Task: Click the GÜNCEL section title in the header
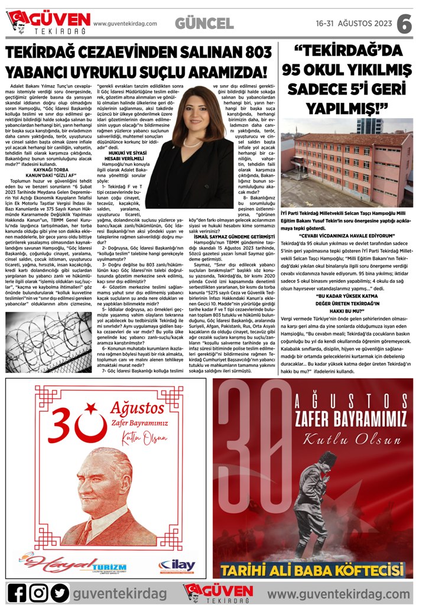click(204, 24)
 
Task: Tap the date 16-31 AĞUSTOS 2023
click(354, 24)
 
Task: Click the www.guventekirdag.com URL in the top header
click(125, 24)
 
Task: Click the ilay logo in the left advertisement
click(177, 564)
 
